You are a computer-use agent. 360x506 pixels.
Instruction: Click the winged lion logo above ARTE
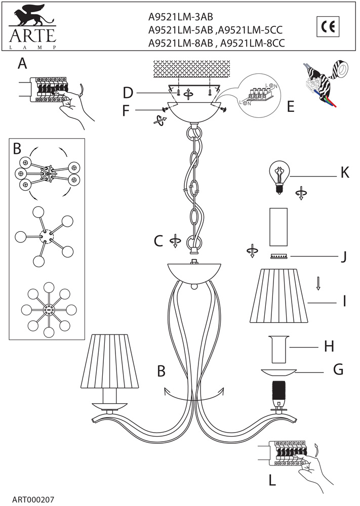pyautogui.click(x=31, y=17)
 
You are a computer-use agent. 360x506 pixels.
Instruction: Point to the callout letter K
pyautogui.click(x=345, y=173)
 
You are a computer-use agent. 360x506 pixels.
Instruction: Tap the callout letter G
pyautogui.click(x=338, y=369)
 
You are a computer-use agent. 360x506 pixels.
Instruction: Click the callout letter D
pyautogui.click(x=128, y=93)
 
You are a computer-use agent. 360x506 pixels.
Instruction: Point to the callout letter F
pyautogui.click(x=127, y=110)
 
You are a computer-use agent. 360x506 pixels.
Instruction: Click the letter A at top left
pyautogui.click(x=22, y=64)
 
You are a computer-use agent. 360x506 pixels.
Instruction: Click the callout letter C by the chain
pyautogui.click(x=158, y=241)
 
